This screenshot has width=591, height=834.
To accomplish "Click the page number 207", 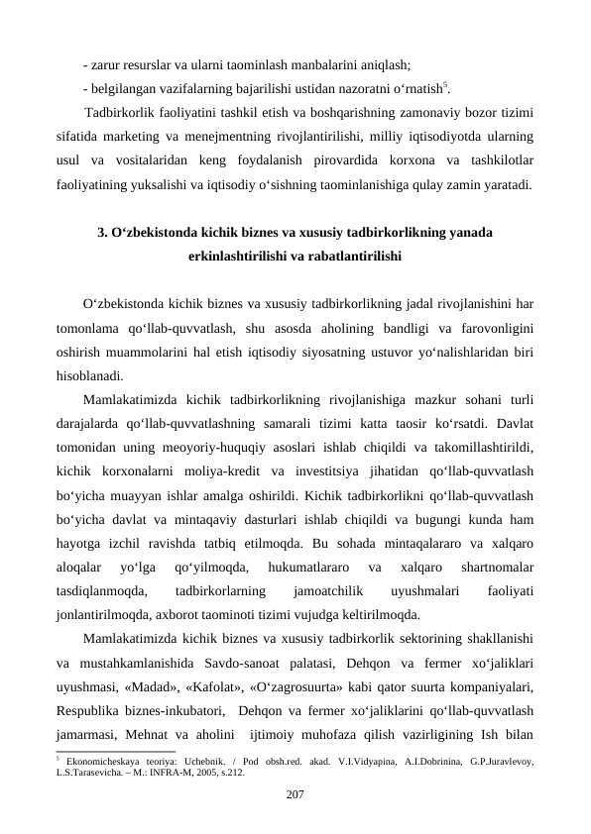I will click(x=295, y=793).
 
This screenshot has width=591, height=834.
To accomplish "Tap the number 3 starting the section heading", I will click(x=101, y=234).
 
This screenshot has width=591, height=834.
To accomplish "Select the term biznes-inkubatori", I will click(x=174, y=710).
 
